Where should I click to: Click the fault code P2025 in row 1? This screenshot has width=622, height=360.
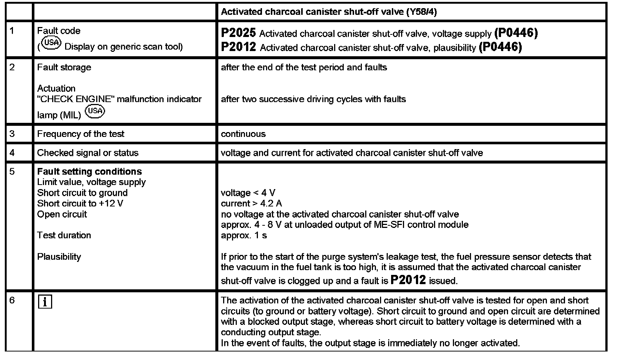tap(238, 33)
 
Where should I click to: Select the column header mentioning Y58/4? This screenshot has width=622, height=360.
tap(329, 12)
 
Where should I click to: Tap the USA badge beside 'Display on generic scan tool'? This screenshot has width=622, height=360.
tap(51, 43)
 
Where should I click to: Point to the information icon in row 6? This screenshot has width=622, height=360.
tap(45, 302)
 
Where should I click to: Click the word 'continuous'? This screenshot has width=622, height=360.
tap(243, 134)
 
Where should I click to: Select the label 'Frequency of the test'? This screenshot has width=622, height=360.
tap(81, 134)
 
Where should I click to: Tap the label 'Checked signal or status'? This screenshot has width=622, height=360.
tap(88, 153)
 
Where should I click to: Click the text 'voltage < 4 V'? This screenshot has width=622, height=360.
tap(248, 193)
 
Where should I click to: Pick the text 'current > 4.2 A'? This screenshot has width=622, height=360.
tap(251, 203)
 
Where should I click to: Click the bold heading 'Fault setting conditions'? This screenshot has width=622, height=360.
tap(90, 171)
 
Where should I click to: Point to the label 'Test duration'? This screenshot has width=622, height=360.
tap(64, 235)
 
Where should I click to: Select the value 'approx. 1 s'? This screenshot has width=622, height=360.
tap(244, 235)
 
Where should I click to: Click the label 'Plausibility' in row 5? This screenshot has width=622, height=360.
tap(59, 257)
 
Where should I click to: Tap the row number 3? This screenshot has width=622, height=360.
tap(12, 134)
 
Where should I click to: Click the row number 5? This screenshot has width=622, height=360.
tap(12, 171)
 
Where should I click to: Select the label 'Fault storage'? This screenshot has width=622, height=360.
tap(64, 67)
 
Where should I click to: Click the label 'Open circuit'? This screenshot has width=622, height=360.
tap(62, 214)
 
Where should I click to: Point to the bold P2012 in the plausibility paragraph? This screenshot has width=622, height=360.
tap(408, 280)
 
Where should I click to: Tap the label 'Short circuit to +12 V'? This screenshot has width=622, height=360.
tap(80, 203)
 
